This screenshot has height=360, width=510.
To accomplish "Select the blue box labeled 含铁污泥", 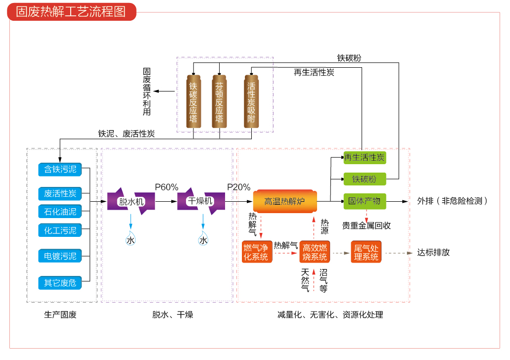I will coord(60,169).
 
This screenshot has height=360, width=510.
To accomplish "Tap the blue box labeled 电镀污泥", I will coord(60,256).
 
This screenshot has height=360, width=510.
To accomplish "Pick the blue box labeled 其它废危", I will coord(60,283).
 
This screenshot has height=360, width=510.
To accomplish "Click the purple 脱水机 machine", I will coord(131,201).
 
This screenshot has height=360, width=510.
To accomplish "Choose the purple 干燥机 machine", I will coord(201,201).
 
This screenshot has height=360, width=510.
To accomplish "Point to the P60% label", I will coord(166,187).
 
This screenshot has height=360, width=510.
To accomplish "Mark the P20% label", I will coord(238,187).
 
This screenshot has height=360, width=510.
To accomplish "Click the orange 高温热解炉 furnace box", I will coord(284,201).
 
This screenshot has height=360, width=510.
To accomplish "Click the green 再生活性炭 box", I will coord(365,158).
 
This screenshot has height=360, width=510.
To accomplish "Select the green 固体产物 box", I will coord(365,201).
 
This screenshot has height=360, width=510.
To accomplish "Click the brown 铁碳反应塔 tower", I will coord(193,102).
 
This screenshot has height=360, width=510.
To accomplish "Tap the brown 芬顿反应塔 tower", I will coord(219,102).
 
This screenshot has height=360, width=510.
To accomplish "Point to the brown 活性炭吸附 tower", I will coord(251,102).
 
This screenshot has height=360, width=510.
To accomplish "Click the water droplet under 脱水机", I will coord(131,239).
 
